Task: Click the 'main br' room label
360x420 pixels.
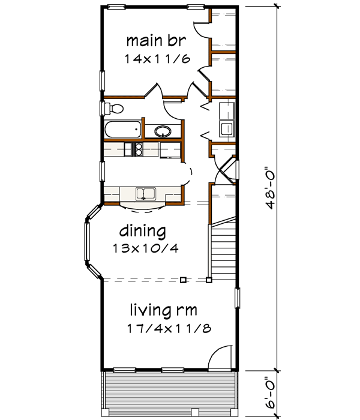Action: (x=156, y=41)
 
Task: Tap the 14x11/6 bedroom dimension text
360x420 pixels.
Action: (x=155, y=59)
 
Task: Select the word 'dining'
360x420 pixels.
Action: (x=142, y=230)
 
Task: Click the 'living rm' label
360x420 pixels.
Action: (x=164, y=310)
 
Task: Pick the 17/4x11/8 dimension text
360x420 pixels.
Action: (x=164, y=328)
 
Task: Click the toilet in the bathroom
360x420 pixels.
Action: (x=113, y=109)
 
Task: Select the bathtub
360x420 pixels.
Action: (x=122, y=130)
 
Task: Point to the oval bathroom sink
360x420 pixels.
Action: (x=162, y=130)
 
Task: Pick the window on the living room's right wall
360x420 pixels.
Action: (x=238, y=298)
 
